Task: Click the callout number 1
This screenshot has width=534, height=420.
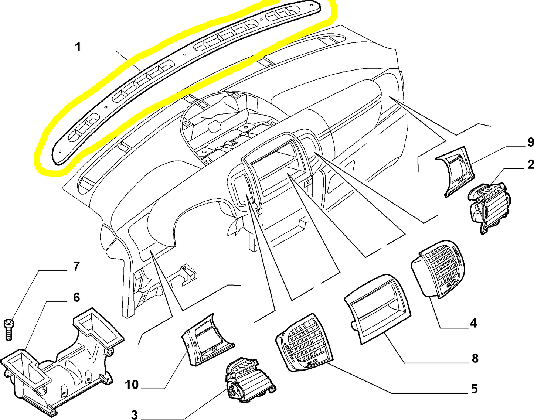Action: point(78,47)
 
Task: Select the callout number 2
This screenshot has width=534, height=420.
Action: point(531,164)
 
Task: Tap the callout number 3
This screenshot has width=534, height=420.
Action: point(134,414)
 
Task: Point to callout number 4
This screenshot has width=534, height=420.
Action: point(473,323)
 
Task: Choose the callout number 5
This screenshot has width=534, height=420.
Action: point(474,389)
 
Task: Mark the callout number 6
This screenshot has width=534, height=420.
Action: point(76,297)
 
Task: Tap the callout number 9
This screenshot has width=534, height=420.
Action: point(530,142)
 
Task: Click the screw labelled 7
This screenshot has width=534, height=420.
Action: point(8,329)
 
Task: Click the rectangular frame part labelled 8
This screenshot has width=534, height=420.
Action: point(377,308)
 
